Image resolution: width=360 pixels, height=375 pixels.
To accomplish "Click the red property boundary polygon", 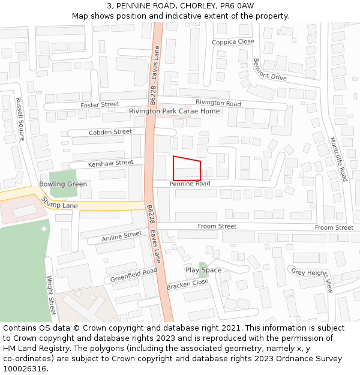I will click(x=187, y=169).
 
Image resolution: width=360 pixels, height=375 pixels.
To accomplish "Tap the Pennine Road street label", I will click(x=190, y=184).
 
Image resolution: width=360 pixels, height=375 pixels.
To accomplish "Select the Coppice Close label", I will click(x=233, y=42).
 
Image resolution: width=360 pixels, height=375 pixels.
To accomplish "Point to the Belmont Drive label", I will click(x=269, y=70).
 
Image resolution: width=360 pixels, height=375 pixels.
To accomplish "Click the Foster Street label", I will click(x=100, y=105).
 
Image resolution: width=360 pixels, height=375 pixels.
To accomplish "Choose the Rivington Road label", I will click(x=218, y=103).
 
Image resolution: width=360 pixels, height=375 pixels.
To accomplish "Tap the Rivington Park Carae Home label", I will click(x=174, y=112).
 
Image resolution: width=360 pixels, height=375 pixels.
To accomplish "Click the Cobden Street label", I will click(x=110, y=132).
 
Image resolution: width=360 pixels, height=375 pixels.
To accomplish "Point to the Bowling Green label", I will click(x=63, y=184).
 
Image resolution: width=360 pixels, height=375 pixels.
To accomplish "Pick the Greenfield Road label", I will click(x=133, y=275).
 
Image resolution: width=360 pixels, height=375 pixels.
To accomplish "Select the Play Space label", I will click(x=203, y=270).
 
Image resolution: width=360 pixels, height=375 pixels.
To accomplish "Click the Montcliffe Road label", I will click(x=338, y=159).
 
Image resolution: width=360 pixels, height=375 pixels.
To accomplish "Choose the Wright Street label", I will click(x=51, y=295).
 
